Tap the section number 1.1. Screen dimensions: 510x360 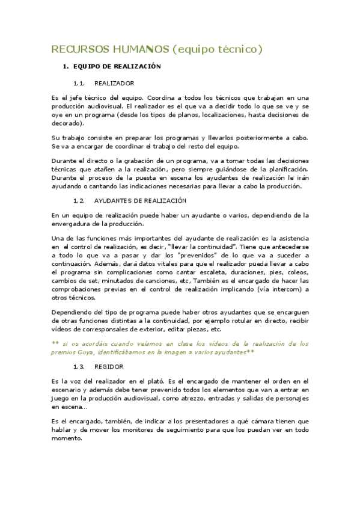pos(80,83)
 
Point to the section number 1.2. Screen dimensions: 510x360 pos(80,200)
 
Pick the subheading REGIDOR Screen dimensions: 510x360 pos(109,366)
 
